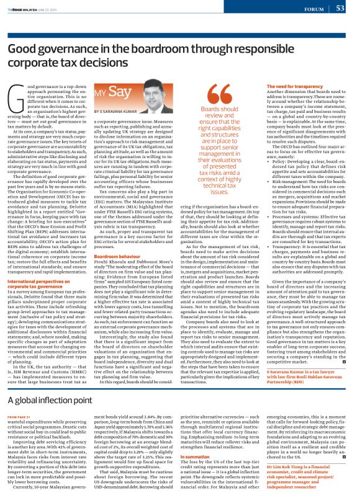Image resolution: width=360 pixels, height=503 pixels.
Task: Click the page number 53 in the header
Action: click(340, 8)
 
